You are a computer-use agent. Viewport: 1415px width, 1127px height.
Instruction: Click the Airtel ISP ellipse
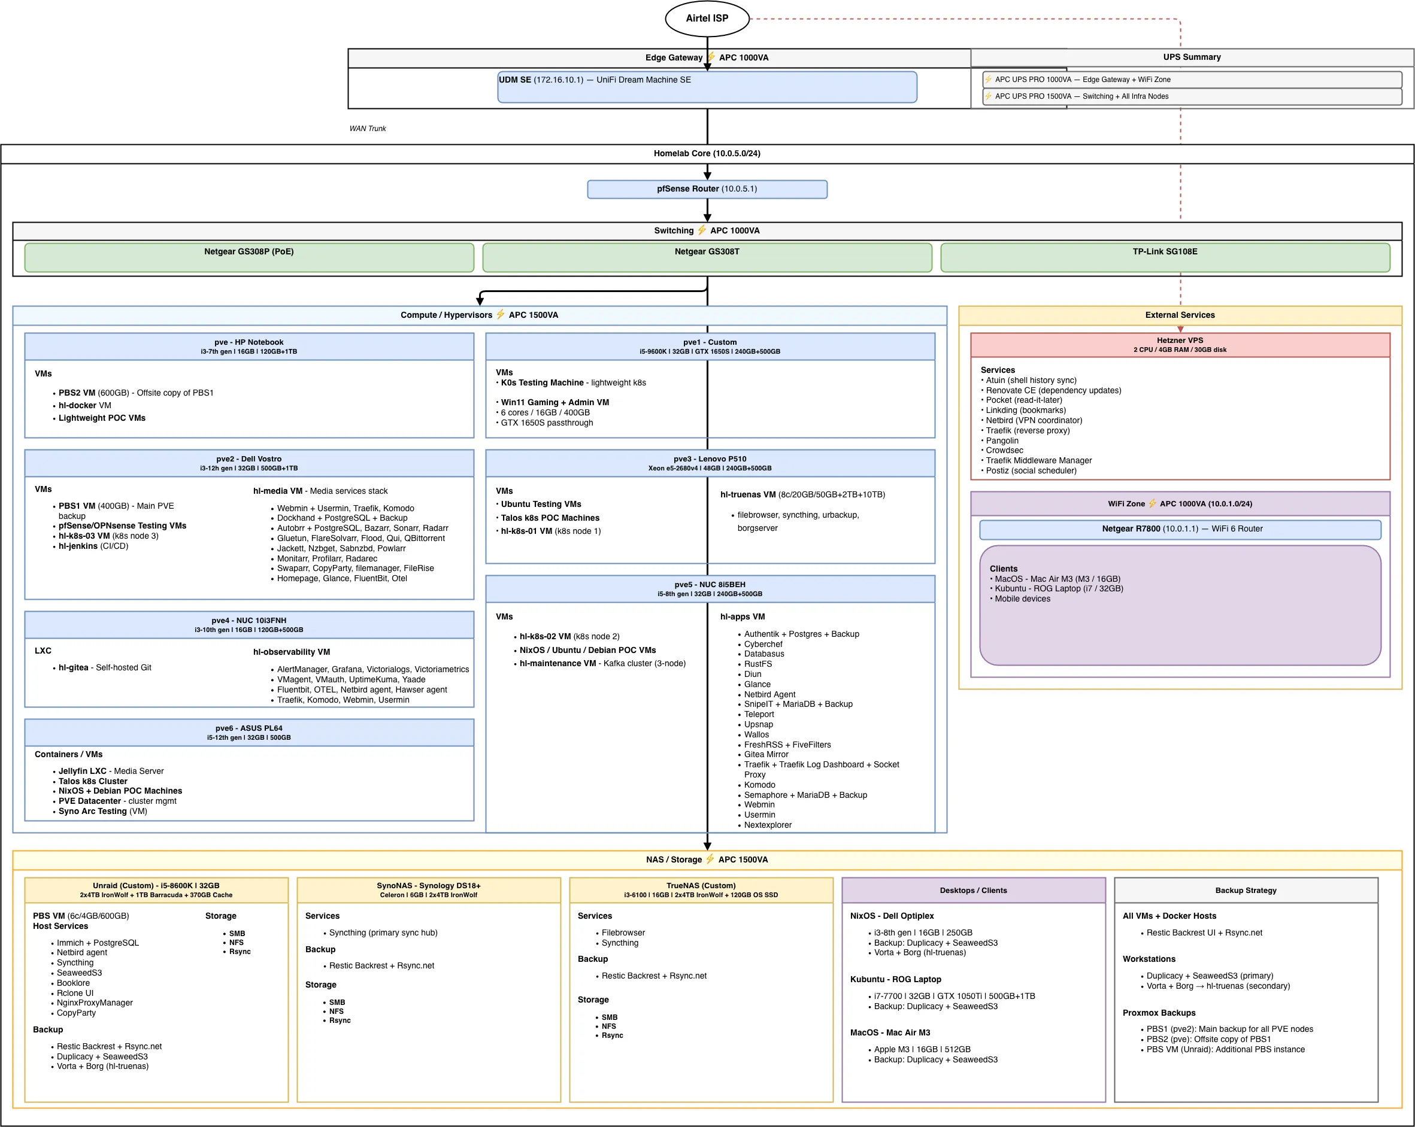pyautogui.click(x=707, y=19)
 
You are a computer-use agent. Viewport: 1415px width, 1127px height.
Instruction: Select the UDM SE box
pyautogui.click(x=707, y=87)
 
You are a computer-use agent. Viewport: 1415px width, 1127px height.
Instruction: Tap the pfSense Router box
pyautogui.click(x=707, y=189)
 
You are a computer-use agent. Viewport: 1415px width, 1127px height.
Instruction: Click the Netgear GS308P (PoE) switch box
pyautogui.click(x=249, y=257)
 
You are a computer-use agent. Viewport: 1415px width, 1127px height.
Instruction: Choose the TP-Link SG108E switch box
pyautogui.click(x=1164, y=257)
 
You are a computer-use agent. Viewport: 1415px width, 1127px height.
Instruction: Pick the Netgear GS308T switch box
pyautogui.click(x=707, y=257)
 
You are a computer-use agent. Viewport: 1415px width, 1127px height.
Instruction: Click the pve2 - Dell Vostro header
pyautogui.click(x=249, y=463)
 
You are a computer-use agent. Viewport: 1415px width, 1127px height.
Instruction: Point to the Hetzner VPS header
pyautogui.click(x=1180, y=344)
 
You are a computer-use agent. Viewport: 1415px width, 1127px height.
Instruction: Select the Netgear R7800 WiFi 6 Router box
pyautogui.click(x=1180, y=528)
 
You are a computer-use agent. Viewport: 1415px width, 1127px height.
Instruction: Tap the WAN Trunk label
pyautogui.click(x=368, y=129)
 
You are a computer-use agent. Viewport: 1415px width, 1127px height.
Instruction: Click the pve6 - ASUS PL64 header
pyautogui.click(x=249, y=732)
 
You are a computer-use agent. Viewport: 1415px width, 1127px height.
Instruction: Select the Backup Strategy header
pyautogui.click(x=1245, y=890)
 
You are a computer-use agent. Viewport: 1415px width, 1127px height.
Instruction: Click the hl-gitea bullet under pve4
pyautogui.click(x=104, y=667)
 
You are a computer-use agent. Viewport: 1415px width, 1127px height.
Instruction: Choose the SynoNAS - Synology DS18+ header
pyautogui.click(x=428, y=889)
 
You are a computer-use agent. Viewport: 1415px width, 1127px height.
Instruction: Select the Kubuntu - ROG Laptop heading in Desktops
pyautogui.click(x=895, y=979)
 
